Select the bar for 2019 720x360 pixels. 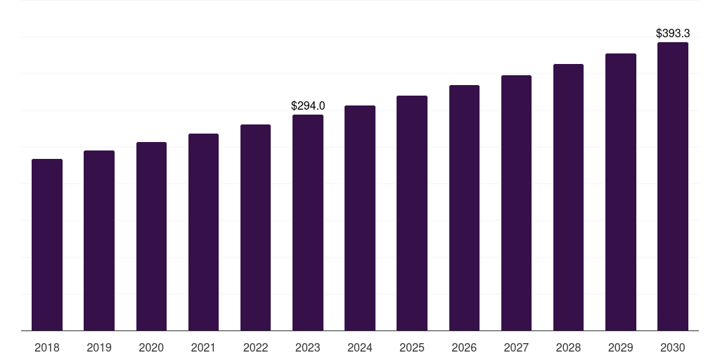99,240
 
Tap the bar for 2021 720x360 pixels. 203,232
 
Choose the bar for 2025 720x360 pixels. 412,213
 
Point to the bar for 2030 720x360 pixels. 673,186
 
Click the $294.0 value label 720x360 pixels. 308,105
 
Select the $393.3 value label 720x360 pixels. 673,33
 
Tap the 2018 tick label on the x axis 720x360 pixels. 47,347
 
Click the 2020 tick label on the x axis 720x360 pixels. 151,347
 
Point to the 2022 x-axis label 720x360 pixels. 256,347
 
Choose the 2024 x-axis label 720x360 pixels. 360,347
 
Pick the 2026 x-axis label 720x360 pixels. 464,347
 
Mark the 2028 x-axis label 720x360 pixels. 568,347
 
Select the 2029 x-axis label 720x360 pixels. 621,347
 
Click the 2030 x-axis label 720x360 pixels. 673,347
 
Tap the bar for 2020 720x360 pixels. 151,236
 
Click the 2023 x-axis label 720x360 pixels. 308,347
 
